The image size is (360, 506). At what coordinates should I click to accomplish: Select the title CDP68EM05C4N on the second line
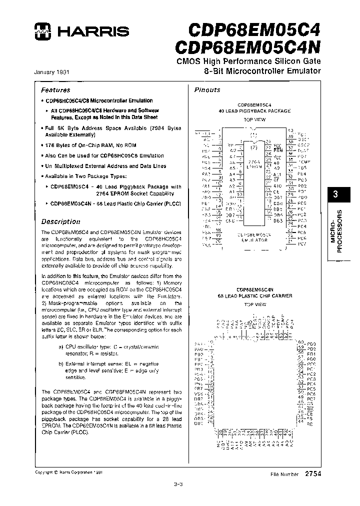pos(248,46)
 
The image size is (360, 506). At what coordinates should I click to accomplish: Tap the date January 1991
pos(51,72)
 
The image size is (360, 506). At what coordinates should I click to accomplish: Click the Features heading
pos(55,90)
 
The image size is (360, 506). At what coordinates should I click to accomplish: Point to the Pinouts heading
pos(207,90)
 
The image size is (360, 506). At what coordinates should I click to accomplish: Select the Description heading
pos(60,221)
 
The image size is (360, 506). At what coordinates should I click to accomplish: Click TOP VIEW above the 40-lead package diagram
pos(255,120)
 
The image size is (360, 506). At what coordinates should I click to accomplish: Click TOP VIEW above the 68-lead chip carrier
pos(255,304)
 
